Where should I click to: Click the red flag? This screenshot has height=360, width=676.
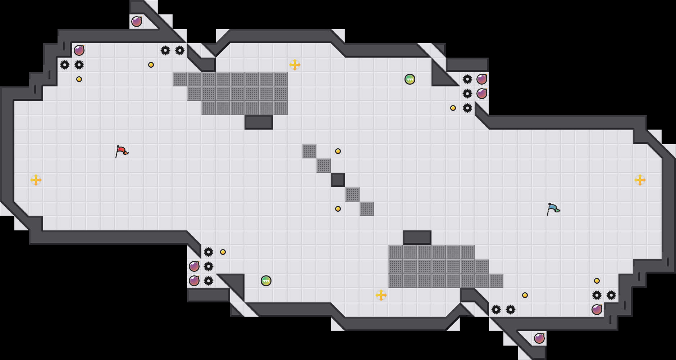click(122, 151)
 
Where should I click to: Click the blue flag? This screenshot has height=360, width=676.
click(553, 208)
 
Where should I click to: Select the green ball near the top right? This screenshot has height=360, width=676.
click(410, 79)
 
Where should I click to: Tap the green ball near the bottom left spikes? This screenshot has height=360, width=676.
click(266, 281)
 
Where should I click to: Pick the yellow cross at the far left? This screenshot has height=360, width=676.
click(36, 180)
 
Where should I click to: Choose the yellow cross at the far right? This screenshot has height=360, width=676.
click(640, 180)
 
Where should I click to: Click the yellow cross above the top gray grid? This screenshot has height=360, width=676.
click(295, 65)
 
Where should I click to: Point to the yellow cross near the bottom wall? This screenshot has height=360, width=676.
click(381, 295)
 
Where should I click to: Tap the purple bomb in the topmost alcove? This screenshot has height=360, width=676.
click(137, 22)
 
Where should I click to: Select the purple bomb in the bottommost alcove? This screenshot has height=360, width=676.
click(539, 338)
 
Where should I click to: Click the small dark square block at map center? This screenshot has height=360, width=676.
click(338, 180)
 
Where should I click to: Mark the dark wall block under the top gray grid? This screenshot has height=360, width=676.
click(259, 122)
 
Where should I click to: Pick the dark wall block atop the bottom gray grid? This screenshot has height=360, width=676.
click(417, 238)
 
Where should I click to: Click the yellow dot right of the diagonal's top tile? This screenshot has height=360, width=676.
click(338, 151)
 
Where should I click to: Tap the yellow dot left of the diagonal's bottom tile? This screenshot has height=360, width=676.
click(338, 209)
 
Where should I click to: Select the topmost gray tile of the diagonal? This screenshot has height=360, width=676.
click(309, 151)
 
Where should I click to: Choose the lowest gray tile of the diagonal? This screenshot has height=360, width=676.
click(367, 209)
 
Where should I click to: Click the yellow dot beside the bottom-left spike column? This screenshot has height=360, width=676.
click(223, 252)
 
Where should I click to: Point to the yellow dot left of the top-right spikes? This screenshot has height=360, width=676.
click(453, 108)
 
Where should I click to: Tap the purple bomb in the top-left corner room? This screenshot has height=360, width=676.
click(79, 50)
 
